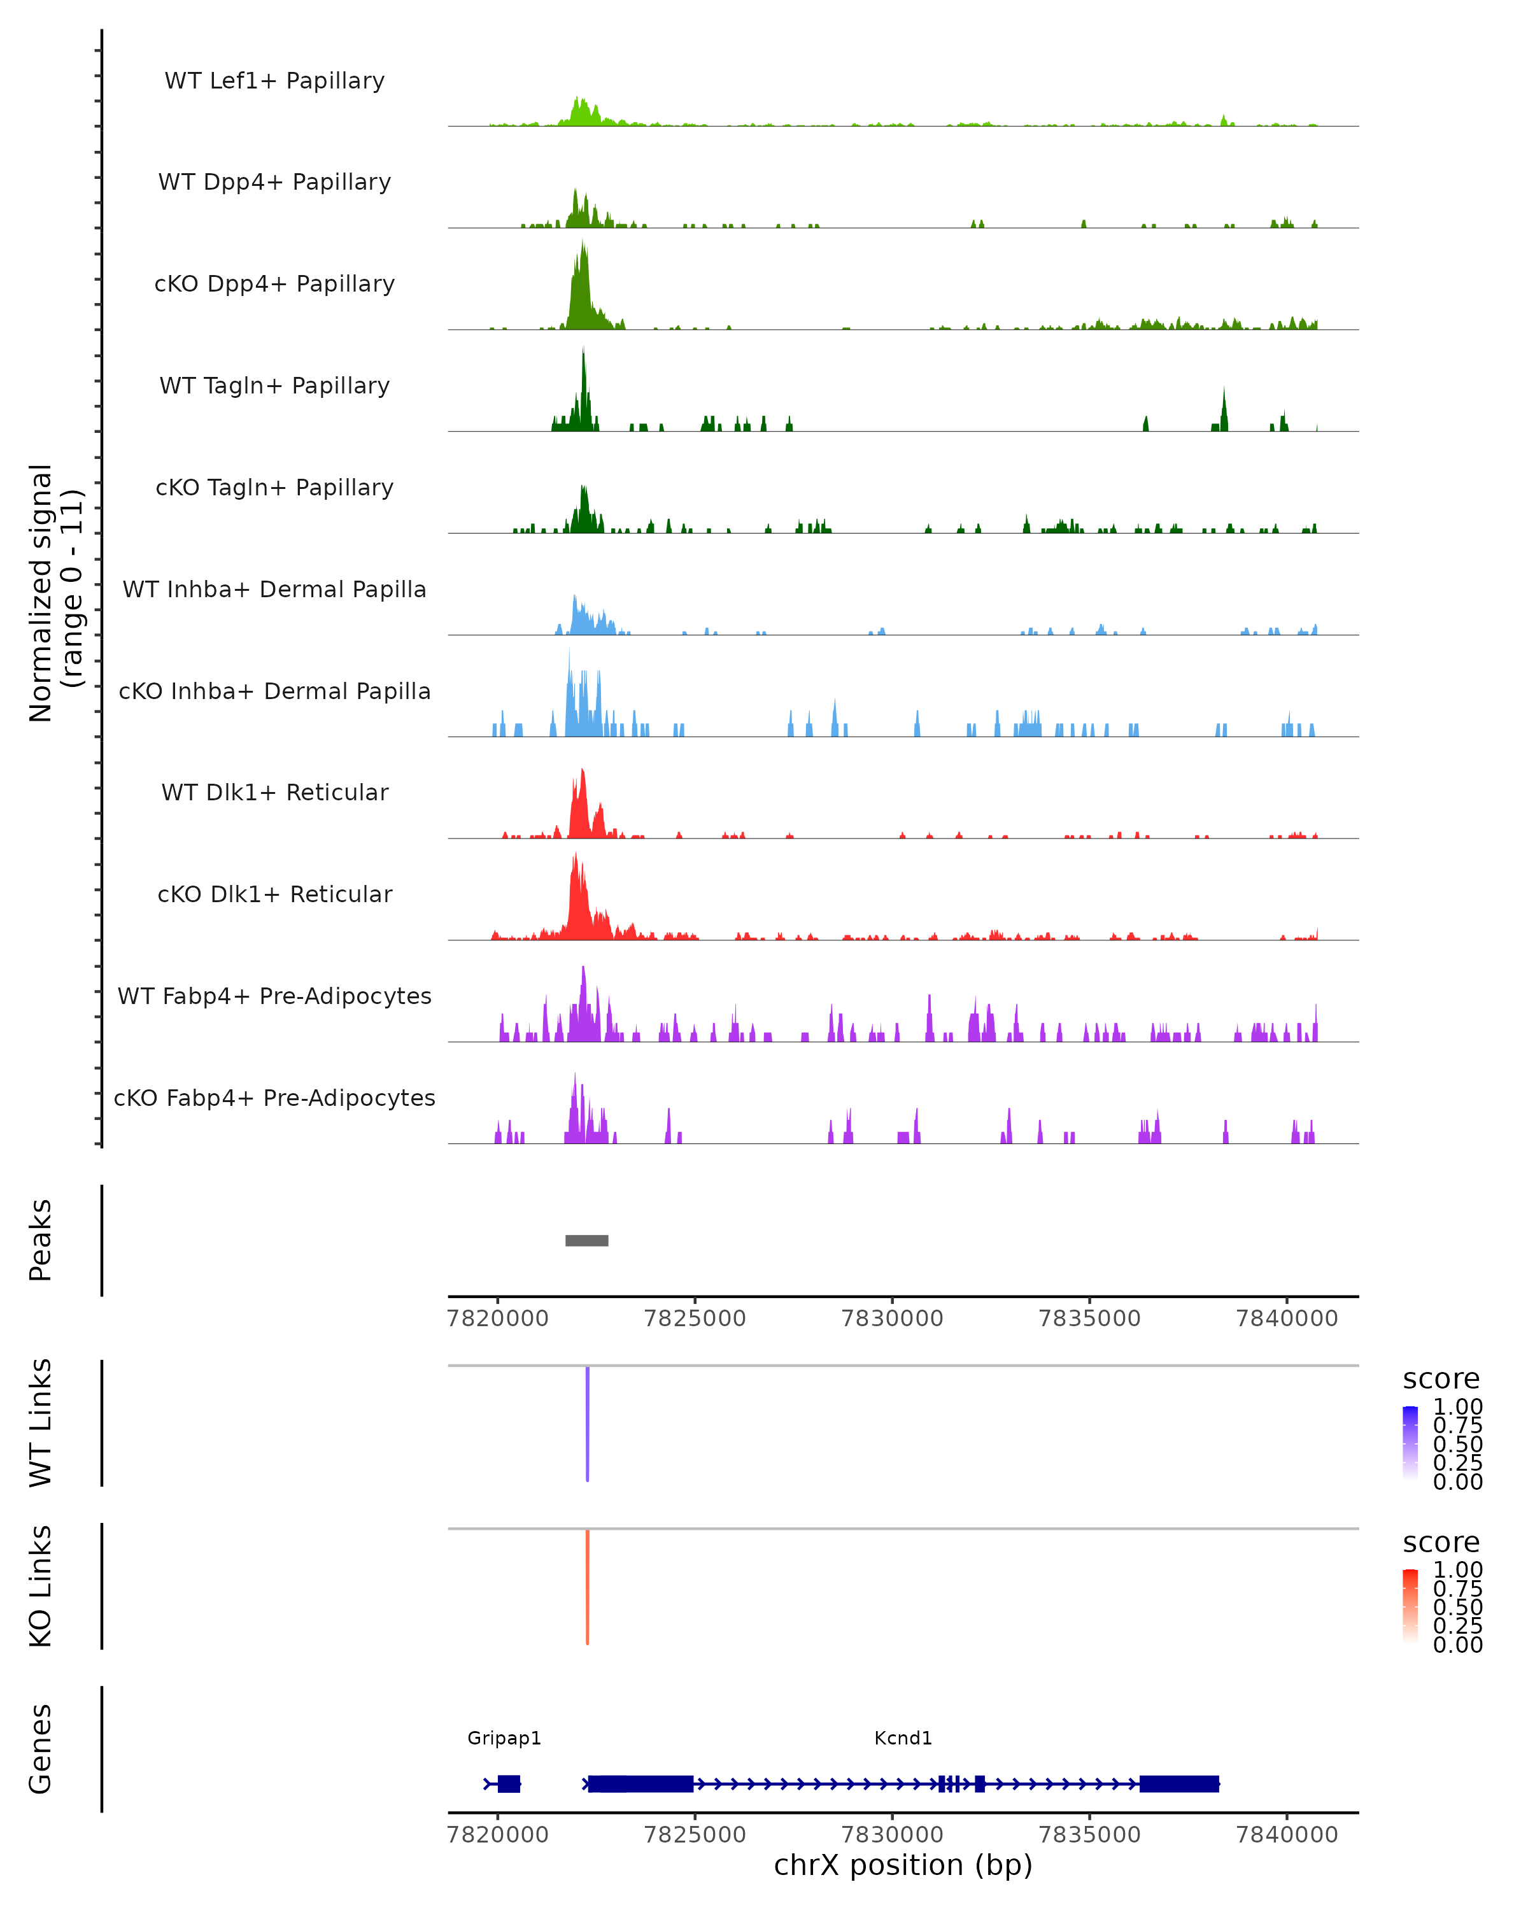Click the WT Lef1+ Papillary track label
[274, 81]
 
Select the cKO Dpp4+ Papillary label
[274, 283]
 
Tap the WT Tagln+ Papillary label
[274, 385]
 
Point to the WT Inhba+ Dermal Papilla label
[274, 589]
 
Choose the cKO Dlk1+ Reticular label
[274, 894]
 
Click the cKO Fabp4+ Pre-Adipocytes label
[274, 1098]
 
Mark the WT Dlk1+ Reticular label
[274, 792]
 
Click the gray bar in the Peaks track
[586, 1240]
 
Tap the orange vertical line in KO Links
[587, 1587]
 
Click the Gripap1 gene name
[504, 1738]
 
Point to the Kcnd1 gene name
[903, 1738]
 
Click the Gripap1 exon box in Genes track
[509, 1784]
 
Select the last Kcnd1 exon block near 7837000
[1179, 1784]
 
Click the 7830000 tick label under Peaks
[892, 1319]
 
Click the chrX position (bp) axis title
[903, 1865]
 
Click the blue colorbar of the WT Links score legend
[1410, 1442]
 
